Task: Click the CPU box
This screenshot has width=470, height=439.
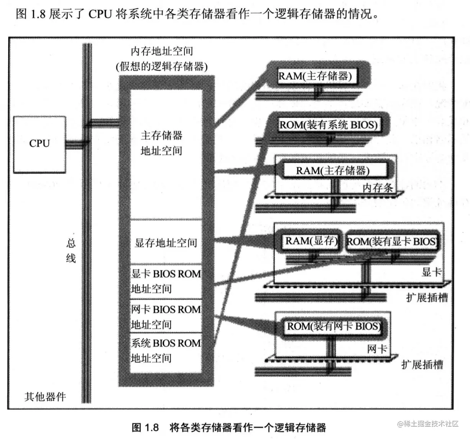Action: click(x=39, y=144)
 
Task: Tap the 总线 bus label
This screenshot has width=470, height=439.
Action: click(x=71, y=251)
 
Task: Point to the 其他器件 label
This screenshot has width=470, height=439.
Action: click(x=45, y=397)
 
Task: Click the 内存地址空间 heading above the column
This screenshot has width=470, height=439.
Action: click(x=162, y=51)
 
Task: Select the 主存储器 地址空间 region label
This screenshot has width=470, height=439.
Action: click(x=161, y=143)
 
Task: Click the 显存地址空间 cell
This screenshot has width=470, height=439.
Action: click(x=166, y=243)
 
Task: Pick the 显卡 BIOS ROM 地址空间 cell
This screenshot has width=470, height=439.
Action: click(x=166, y=281)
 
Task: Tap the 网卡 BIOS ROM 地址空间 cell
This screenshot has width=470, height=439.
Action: click(x=166, y=317)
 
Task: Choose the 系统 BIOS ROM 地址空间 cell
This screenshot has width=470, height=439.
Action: click(x=166, y=350)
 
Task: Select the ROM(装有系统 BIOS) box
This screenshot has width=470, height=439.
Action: click(x=328, y=125)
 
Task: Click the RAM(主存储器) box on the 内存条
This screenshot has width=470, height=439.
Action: click(x=333, y=170)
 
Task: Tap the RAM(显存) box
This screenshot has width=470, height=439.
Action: click(x=311, y=241)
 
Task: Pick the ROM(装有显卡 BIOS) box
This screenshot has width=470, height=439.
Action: click(x=391, y=242)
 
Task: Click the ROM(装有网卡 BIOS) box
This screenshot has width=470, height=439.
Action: click(x=334, y=327)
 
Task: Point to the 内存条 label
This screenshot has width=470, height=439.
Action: click(x=378, y=188)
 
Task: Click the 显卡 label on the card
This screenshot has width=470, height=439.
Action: click(x=432, y=272)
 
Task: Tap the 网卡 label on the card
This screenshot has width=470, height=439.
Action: click(x=377, y=349)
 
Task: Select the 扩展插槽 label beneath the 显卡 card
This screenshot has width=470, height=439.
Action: click(x=427, y=297)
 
